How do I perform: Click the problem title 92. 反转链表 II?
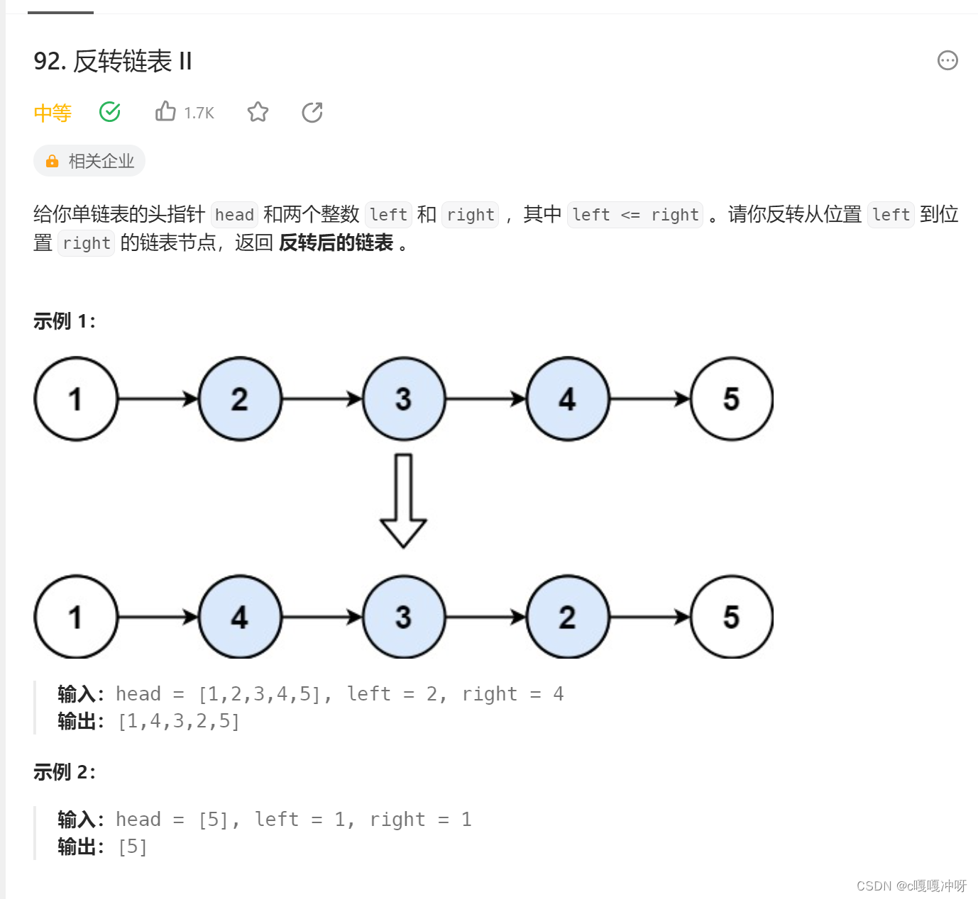pos(113,62)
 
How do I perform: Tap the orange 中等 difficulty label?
pos(53,113)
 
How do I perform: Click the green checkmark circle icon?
pos(110,112)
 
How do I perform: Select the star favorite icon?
pos(258,112)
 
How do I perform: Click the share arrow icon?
pos(312,112)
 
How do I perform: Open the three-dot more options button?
pos(947,61)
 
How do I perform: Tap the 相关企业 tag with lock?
pos(89,161)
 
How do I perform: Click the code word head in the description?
pos(234,215)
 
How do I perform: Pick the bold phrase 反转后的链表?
pos(336,243)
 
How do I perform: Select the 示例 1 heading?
pos(65,321)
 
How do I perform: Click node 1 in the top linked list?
pos(76,399)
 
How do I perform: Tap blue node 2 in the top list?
pos(240,399)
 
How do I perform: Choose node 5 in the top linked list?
pos(731,399)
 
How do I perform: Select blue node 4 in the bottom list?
pos(240,618)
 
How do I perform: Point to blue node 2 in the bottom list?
pos(567,618)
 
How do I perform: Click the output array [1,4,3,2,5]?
pos(180,722)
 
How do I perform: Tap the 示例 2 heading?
pos(65,772)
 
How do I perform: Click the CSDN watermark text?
pos(911,886)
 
